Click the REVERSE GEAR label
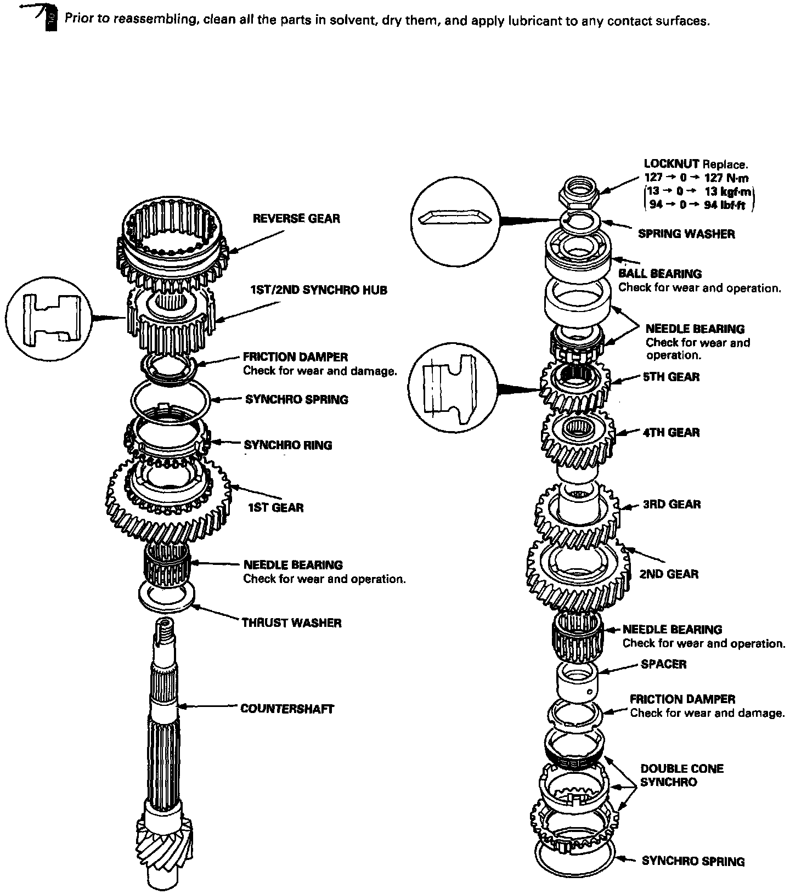tap(296, 218)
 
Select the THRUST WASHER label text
tap(291, 623)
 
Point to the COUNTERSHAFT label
tap(287, 709)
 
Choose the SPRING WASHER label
tap(686, 234)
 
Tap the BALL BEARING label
tap(660, 273)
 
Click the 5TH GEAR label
tap(671, 377)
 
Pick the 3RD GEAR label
tap(672, 504)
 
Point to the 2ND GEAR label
tap(669, 574)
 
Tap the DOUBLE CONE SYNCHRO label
tap(681, 775)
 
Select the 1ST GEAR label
tap(275, 507)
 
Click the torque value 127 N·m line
tap(696, 178)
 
